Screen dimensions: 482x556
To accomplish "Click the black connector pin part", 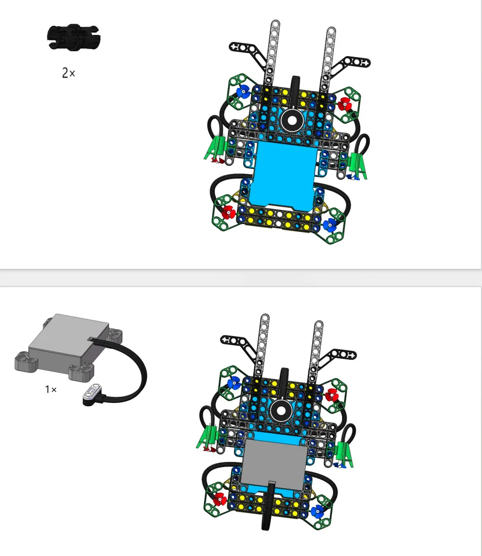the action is coord(74,37).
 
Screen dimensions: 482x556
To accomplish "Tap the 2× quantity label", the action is coord(68,73).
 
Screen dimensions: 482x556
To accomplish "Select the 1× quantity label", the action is coord(51,389).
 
